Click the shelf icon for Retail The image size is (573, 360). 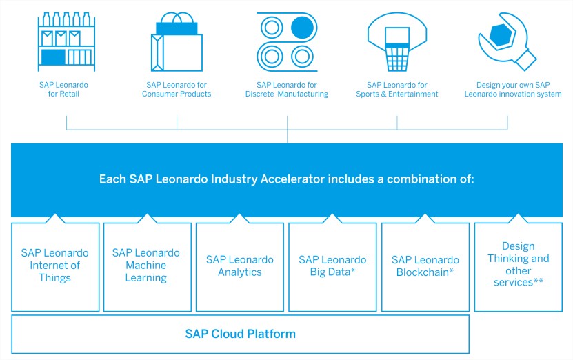click(66, 41)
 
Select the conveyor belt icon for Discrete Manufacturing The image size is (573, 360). click(287, 42)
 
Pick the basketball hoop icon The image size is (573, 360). click(397, 42)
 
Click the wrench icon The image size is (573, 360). click(507, 41)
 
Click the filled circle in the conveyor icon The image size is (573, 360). click(302, 28)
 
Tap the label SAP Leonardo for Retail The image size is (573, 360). click(63, 89)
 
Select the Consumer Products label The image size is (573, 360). click(177, 94)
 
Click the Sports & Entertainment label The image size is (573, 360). click(397, 94)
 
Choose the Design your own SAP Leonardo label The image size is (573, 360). click(513, 89)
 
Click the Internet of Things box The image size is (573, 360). click(55, 267)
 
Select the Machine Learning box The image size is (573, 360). click(148, 267)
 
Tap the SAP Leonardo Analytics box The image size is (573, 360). click(240, 267)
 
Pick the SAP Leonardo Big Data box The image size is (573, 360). click(332, 267)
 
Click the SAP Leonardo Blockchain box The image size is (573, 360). click(425, 267)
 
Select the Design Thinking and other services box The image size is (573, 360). click(519, 267)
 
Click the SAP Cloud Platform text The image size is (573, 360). click(240, 334)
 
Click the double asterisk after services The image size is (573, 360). click(539, 281)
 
